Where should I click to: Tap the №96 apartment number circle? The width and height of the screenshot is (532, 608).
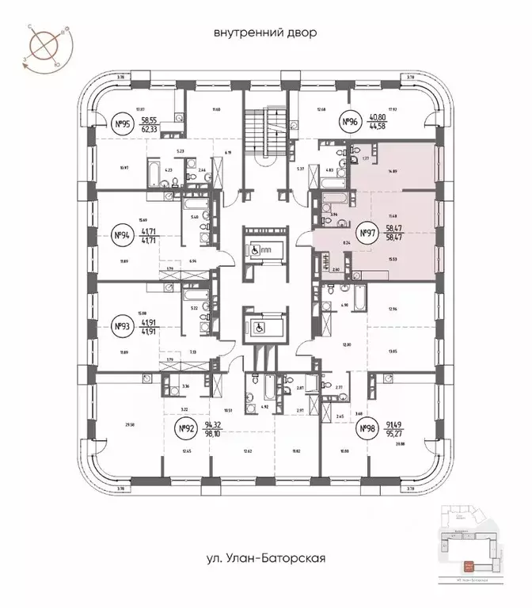pos(350,122)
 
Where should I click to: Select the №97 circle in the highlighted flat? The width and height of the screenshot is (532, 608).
pos(367,233)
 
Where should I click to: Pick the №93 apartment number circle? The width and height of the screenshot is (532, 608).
pos(123,325)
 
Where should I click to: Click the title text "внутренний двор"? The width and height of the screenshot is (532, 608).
pos(265,33)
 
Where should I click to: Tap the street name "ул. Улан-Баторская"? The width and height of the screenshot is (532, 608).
pos(265,558)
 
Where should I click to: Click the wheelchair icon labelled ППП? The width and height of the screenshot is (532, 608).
pos(257,247)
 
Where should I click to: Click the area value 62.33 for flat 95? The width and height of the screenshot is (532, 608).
pos(150,127)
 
